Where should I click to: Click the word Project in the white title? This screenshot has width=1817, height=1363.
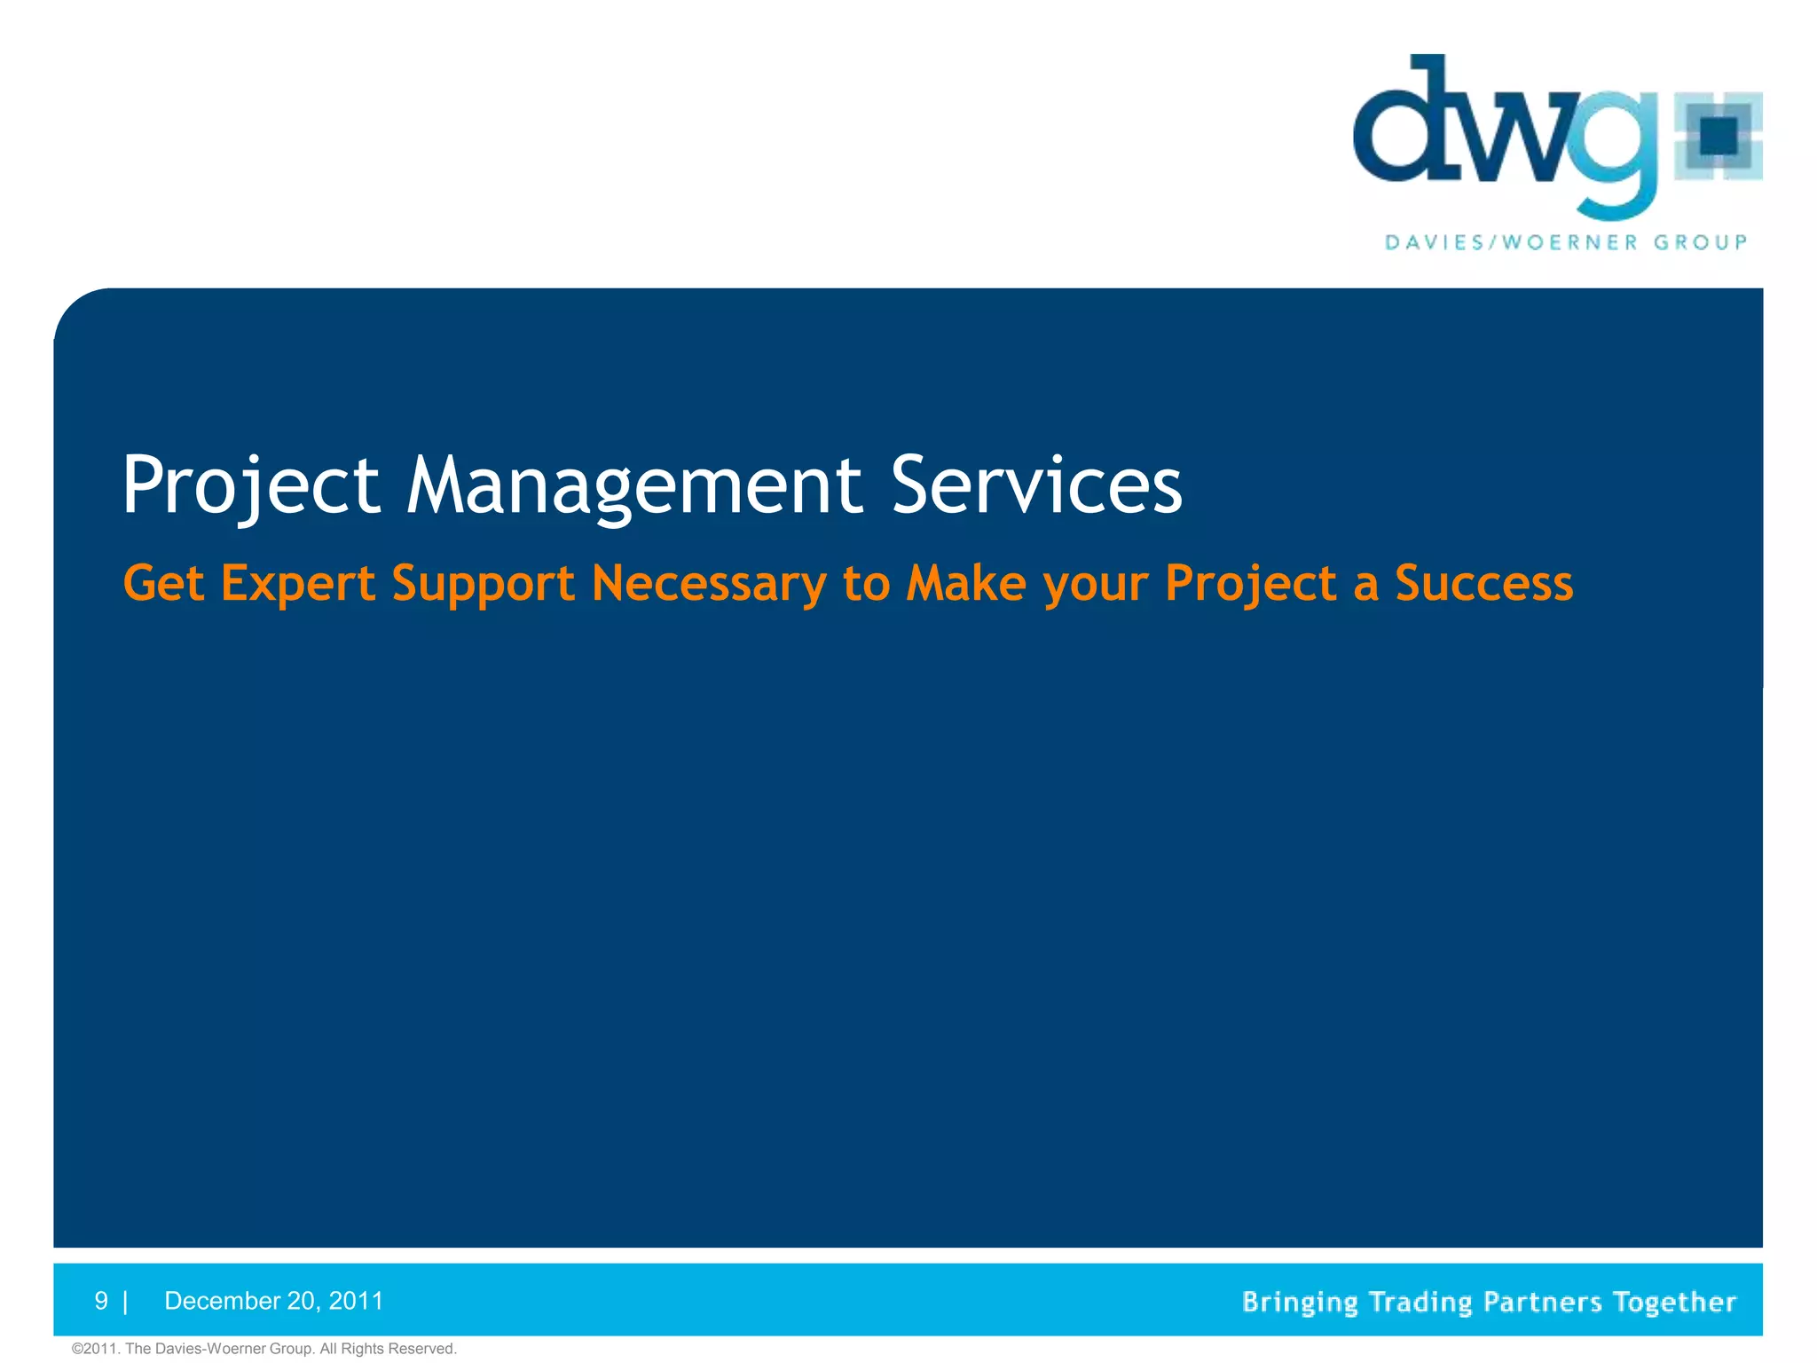tap(250, 485)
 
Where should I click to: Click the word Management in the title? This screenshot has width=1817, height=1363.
tap(633, 485)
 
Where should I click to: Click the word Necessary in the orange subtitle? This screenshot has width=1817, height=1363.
tap(708, 584)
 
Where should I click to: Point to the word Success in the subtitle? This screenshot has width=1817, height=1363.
tap(1483, 583)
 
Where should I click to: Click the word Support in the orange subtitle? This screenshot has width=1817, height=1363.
tap(483, 584)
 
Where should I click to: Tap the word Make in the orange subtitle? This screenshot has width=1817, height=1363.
tap(965, 583)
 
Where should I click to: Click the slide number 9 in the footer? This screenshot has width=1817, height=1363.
tap(101, 1301)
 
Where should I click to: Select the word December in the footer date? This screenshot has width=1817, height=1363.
tap(223, 1301)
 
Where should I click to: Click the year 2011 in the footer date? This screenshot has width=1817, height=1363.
tap(356, 1301)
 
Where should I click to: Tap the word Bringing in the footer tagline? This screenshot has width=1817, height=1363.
tap(1300, 1302)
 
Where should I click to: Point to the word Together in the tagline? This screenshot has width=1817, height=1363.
tap(1674, 1302)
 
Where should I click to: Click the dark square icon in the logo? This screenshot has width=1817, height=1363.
tap(1719, 137)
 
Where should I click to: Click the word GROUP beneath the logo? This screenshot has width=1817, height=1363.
tap(1700, 242)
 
